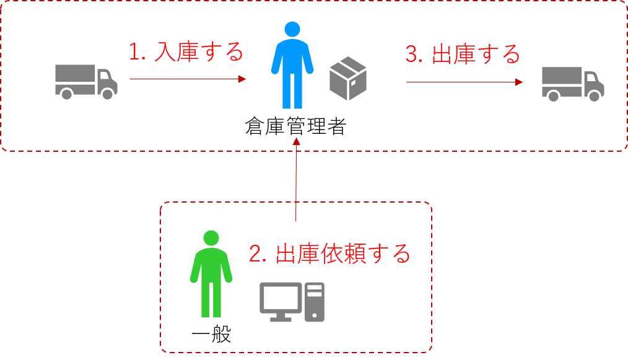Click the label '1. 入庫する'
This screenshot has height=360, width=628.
tap(186, 52)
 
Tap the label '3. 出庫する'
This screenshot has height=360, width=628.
tap(463, 54)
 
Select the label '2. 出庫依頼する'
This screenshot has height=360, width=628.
tap(329, 253)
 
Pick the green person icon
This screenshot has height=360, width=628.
tap(211, 275)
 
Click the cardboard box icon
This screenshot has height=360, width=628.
tap(348, 79)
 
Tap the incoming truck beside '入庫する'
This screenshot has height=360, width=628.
tap(85, 81)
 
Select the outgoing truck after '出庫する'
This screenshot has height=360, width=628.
tap(572, 83)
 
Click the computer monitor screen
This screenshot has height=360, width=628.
tap(280, 298)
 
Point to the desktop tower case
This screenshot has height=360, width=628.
tap(315, 302)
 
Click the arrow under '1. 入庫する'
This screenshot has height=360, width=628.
tap(188, 79)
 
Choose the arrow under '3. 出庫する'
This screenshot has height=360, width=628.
tap(464, 82)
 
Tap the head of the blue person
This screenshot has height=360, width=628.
tap(292, 29)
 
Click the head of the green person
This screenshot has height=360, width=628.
tap(211, 238)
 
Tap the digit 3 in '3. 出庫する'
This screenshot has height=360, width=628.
tap(411, 55)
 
